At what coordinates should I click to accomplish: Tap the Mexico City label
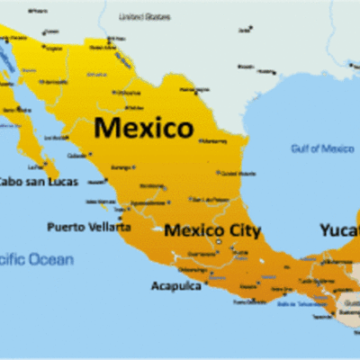coord(212,230)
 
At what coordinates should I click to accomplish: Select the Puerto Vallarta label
coord(88,227)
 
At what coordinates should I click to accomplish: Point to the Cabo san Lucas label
coord(38,181)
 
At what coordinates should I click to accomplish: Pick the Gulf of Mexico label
coord(321,148)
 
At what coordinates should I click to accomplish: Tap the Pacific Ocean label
coord(36,259)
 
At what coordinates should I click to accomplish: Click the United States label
coord(144,16)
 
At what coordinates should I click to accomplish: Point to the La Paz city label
coord(37,166)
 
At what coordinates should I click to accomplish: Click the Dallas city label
coord(246,31)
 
